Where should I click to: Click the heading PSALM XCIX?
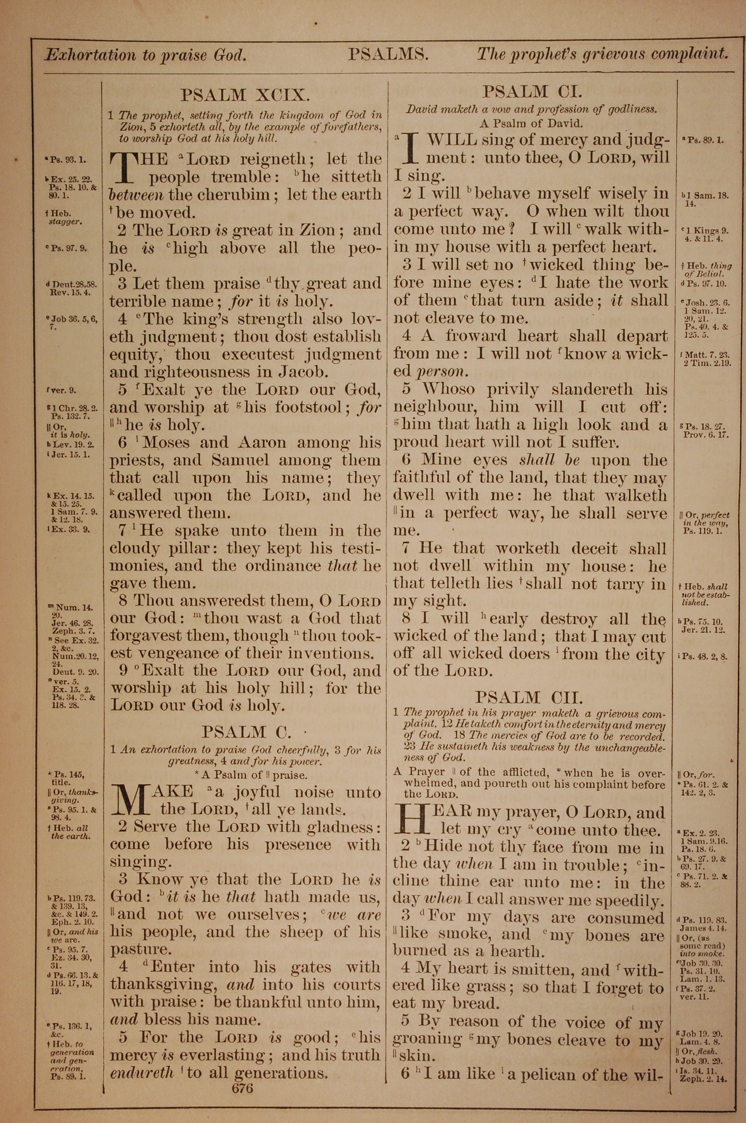[245, 95]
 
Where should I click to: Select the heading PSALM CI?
[532, 91]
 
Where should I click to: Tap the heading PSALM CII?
[529, 699]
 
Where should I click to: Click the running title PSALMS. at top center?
[388, 54]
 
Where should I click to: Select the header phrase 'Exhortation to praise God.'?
[145, 55]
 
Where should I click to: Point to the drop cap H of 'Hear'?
[411, 820]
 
